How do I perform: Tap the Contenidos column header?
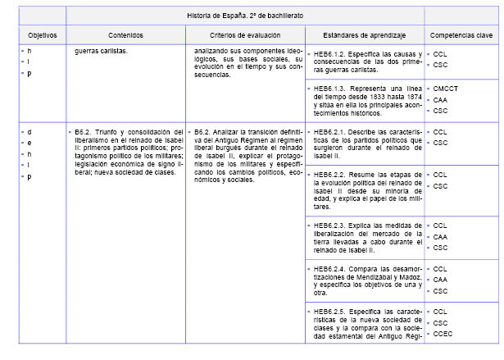[x=125, y=35]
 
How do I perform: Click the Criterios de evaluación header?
[x=245, y=35]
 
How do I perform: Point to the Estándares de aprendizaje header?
[x=365, y=35]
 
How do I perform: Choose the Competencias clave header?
[x=461, y=35]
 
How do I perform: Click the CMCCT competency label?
[x=446, y=88]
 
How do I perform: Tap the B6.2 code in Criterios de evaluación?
[x=203, y=131]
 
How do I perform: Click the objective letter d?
[x=30, y=131]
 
